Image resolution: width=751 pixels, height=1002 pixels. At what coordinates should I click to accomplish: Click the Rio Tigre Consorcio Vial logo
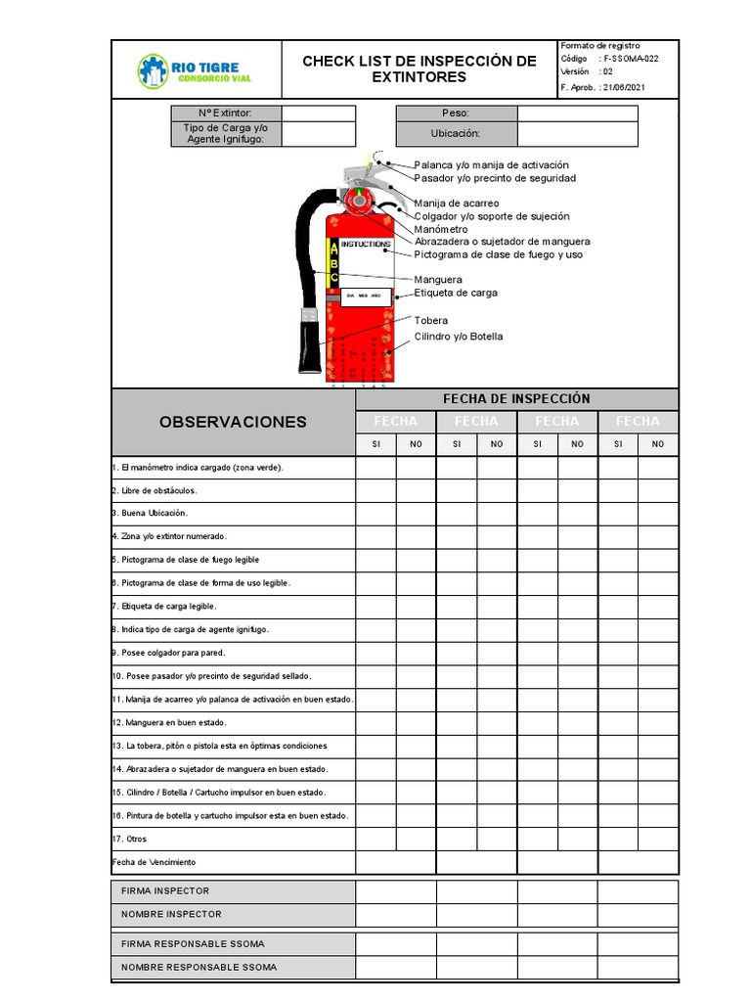point(194,69)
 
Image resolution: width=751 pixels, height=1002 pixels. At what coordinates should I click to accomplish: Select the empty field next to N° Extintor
point(319,114)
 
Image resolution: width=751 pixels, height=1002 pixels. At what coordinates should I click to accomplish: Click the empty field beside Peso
point(577,114)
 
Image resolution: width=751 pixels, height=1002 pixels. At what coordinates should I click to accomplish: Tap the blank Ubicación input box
point(577,134)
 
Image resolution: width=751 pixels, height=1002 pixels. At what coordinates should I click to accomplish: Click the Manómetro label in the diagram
point(441,229)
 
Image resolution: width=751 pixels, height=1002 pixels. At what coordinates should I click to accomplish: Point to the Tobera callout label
point(431,321)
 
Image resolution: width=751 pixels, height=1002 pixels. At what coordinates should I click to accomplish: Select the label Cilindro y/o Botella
point(459,337)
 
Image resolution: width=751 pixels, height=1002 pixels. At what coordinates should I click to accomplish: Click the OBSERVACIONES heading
point(233,422)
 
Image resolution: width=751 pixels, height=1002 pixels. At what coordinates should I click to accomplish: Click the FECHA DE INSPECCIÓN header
point(516,398)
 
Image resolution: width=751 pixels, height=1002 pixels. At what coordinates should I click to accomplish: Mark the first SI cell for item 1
point(375,468)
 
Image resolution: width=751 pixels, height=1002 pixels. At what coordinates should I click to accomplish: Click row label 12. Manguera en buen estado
point(170,723)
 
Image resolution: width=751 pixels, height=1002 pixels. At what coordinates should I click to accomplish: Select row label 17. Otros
point(130,840)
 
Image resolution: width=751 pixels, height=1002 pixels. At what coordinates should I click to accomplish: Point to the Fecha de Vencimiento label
point(155,862)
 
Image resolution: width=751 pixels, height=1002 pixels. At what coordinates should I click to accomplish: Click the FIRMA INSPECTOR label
point(165,891)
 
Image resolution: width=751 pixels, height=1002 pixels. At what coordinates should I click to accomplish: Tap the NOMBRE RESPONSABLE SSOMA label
point(199,967)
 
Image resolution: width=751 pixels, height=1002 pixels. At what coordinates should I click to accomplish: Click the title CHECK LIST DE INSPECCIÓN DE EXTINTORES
point(419,69)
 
